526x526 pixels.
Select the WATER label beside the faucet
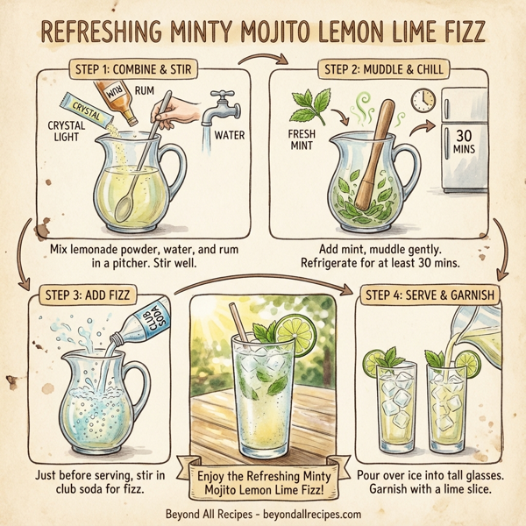(x=229, y=135)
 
